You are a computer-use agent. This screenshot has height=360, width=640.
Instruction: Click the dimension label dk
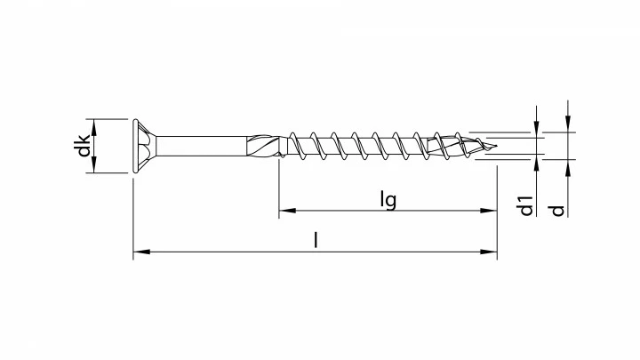point(83,146)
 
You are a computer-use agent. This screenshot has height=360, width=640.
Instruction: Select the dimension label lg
point(388,200)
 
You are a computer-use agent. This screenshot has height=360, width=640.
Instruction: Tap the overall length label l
point(316,241)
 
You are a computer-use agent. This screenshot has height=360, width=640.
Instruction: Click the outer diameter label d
point(557,210)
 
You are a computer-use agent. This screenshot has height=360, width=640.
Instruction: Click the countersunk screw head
point(145,146)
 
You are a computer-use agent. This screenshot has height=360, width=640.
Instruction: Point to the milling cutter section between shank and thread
point(265,146)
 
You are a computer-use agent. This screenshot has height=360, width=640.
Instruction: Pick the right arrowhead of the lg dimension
point(490,212)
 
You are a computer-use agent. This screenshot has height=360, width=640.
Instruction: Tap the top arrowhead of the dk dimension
point(95,124)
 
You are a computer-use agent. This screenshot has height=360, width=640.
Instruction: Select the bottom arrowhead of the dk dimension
point(95,168)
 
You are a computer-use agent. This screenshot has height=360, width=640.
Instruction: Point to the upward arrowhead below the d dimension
point(568,166)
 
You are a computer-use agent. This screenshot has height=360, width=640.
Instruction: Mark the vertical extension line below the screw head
point(133,213)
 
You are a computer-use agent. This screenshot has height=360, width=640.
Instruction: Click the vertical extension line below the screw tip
point(497,204)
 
